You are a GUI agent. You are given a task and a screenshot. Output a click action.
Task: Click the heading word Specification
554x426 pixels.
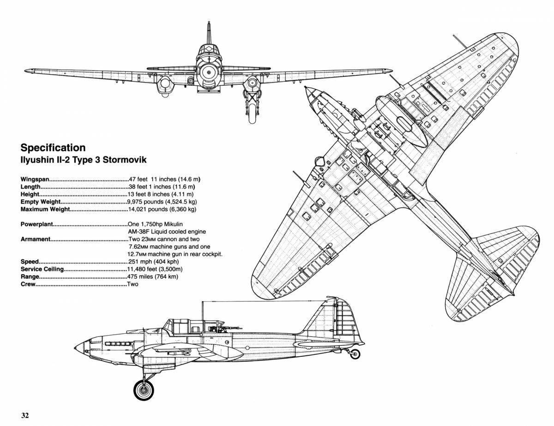click(x=53, y=148)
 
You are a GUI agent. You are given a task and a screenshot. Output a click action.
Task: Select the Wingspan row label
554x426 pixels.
click(x=35, y=180)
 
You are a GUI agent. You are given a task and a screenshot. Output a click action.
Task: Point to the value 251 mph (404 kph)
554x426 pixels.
click(x=153, y=262)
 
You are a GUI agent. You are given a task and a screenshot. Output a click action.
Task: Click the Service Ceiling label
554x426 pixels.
click(x=42, y=269)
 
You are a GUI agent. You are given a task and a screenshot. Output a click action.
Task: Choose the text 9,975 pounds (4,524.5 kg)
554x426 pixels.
click(x=162, y=202)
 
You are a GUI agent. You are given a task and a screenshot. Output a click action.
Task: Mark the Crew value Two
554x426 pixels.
click(x=133, y=284)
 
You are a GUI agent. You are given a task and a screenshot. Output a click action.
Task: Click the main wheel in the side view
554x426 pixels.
click(x=144, y=390)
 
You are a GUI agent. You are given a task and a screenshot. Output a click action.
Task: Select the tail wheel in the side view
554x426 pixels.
click(x=355, y=354)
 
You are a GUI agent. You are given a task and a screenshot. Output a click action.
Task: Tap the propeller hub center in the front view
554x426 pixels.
click(x=209, y=73)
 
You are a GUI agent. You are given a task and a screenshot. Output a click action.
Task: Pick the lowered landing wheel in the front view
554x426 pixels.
click(x=252, y=114)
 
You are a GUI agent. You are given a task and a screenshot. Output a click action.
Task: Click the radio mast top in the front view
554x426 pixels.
click(x=209, y=23)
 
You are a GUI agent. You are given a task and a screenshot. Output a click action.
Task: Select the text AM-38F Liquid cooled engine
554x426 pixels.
click(x=167, y=232)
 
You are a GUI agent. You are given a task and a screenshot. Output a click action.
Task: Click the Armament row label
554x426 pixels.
click(x=36, y=239)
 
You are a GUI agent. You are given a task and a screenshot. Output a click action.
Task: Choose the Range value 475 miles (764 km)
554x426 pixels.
click(x=153, y=277)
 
